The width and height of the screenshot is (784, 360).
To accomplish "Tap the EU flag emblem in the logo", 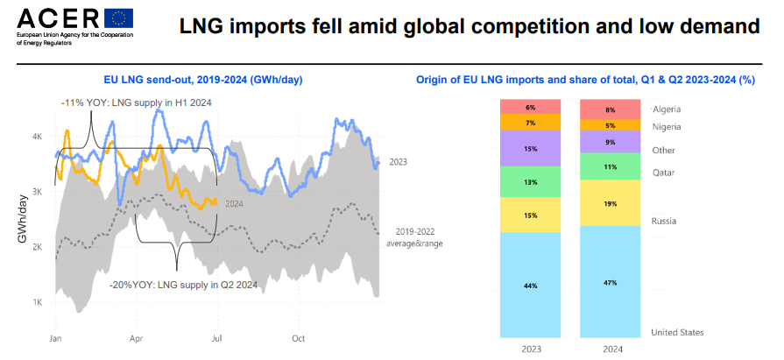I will coord(118,18).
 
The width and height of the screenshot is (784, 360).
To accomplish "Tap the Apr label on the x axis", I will coord(137,337).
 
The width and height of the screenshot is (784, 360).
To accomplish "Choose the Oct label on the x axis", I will coord(298,337).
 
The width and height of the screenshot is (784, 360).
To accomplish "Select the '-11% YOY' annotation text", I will coord(136,103).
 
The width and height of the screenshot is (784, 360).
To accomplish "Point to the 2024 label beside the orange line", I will coord(234,204).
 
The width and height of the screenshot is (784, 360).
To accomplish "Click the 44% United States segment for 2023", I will coord(531,285).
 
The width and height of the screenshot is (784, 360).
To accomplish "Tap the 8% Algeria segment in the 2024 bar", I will coord(611,109).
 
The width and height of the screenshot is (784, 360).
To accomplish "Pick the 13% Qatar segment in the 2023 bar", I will coord(531,181).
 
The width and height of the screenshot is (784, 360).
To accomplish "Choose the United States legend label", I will coord(679,332).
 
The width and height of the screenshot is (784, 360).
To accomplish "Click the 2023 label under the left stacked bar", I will coord(531,348).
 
